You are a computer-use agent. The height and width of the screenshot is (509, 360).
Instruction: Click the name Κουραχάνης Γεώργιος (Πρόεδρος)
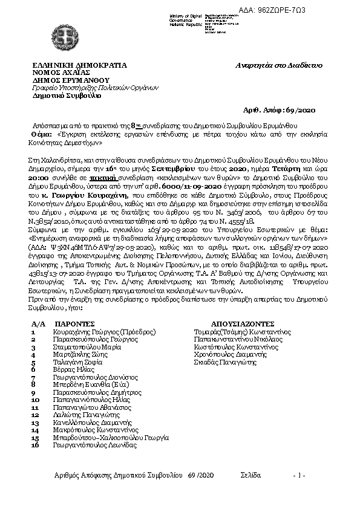coord(105,332)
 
